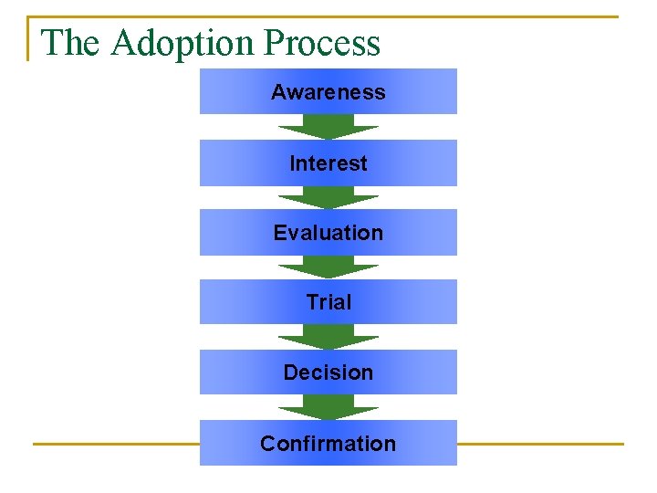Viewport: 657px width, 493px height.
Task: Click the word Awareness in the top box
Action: point(328,92)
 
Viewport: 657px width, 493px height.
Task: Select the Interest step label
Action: point(328,163)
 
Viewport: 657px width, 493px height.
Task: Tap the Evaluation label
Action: point(328,233)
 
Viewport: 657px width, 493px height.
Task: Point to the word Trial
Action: point(328,302)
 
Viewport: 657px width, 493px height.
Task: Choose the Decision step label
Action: point(328,372)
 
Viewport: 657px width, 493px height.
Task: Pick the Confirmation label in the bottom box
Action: point(328,444)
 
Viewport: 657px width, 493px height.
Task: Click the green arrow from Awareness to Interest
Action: point(328,127)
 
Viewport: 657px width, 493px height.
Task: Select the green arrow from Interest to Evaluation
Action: point(328,197)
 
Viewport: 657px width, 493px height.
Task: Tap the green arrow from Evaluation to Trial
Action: point(328,267)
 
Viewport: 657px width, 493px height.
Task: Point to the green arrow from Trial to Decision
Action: point(328,337)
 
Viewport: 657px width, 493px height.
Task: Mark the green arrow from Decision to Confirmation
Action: point(328,407)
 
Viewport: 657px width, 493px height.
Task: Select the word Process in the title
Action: point(321,44)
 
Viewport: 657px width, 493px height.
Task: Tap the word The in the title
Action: point(72,44)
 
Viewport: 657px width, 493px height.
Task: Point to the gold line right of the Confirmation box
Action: point(539,444)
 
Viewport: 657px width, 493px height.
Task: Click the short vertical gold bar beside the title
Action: point(29,38)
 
